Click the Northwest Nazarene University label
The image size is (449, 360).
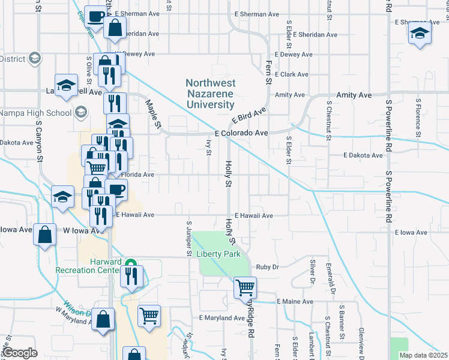pyautogui.click(x=210, y=93)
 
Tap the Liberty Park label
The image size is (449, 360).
pyautogui.click(x=219, y=254)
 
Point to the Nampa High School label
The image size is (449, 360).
pyautogui.click(x=35, y=113)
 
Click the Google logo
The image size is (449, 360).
pyautogui.click(x=20, y=352)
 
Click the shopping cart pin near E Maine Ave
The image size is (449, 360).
pyautogui.click(x=245, y=287)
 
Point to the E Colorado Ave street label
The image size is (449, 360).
pyautogui.click(x=241, y=133)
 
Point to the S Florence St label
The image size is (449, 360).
pyautogui.click(x=416, y=122)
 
